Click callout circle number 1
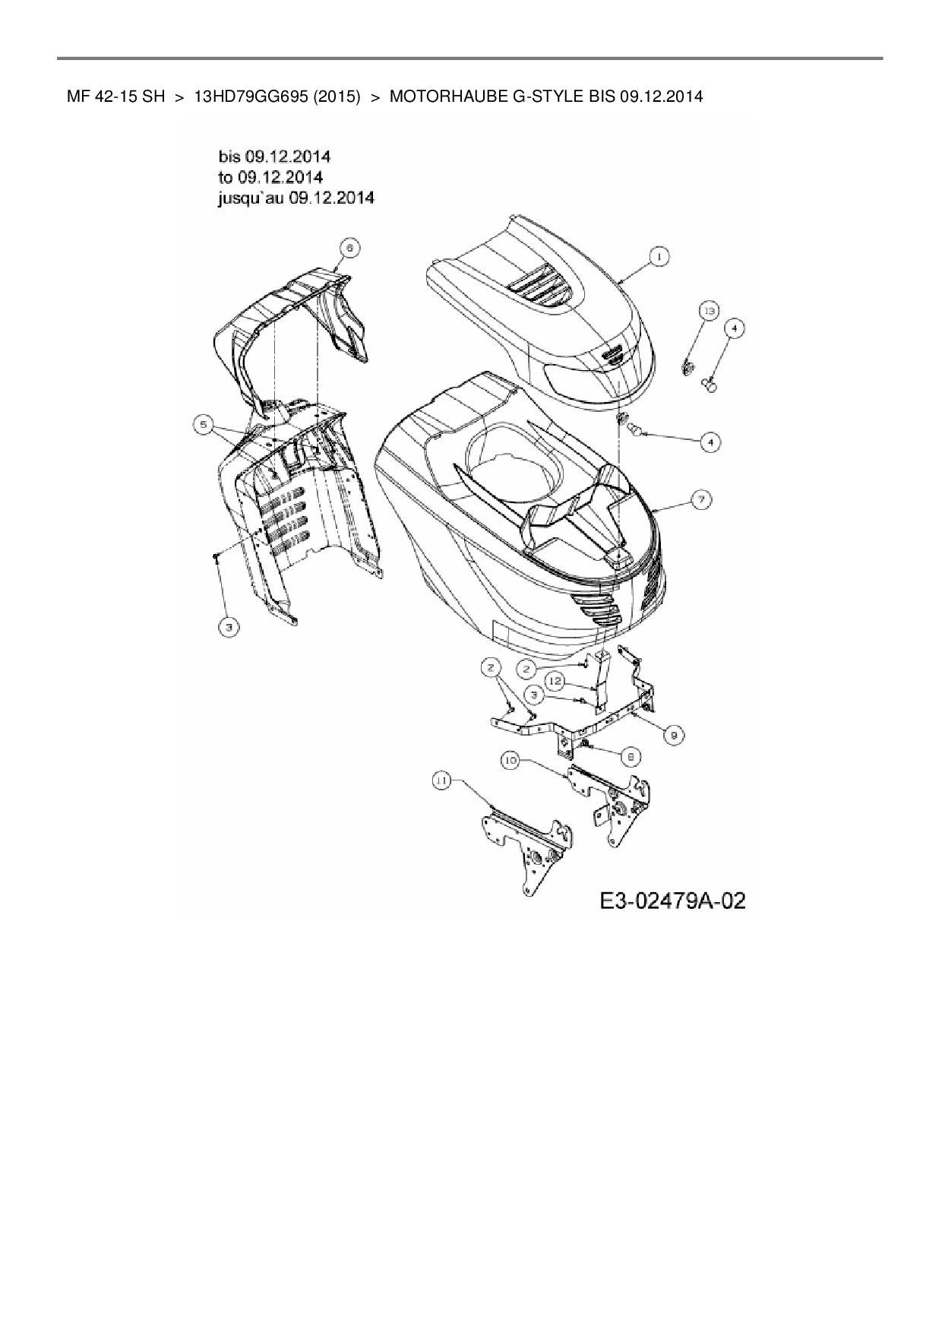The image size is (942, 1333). pyautogui.click(x=659, y=258)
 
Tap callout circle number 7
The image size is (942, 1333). pyautogui.click(x=700, y=499)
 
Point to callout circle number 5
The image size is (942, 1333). pyautogui.click(x=202, y=426)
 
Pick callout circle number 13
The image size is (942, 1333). pyautogui.click(x=708, y=312)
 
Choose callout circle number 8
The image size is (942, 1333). pyautogui.click(x=631, y=756)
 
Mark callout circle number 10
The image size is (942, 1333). pyautogui.click(x=510, y=759)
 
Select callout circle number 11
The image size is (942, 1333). pyautogui.click(x=441, y=779)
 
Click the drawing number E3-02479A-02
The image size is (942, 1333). pyautogui.click(x=672, y=901)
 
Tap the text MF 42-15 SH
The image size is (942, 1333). pyautogui.click(x=115, y=97)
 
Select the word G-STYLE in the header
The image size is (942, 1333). pyautogui.click(x=541, y=97)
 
